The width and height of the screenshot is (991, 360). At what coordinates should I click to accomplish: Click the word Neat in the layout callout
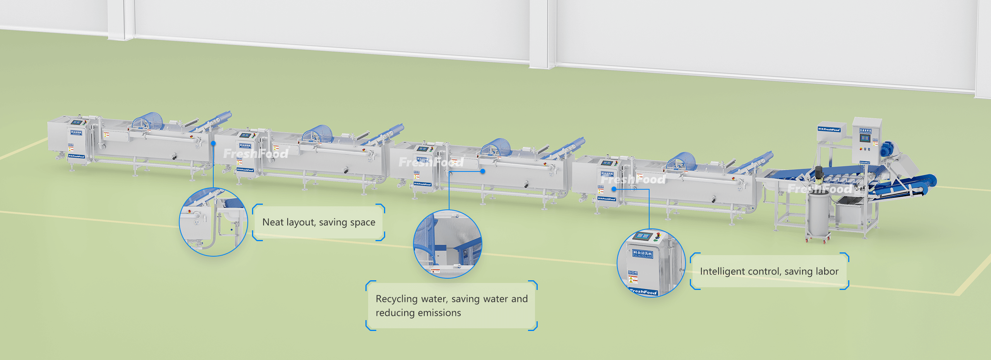tap(273, 222)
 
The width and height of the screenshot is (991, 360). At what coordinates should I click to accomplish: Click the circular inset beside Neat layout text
tap(213, 222)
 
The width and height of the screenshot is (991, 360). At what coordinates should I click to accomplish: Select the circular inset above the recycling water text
tap(447, 244)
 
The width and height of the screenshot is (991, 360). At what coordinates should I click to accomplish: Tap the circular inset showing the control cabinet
tap(651, 263)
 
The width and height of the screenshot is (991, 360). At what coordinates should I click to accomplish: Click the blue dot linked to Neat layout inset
tap(213, 143)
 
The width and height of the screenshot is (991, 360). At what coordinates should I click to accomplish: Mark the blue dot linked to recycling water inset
tap(483, 171)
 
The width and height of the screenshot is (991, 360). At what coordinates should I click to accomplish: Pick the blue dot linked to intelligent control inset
tap(614, 189)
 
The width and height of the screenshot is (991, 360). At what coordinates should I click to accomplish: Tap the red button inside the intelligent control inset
tap(658, 234)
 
